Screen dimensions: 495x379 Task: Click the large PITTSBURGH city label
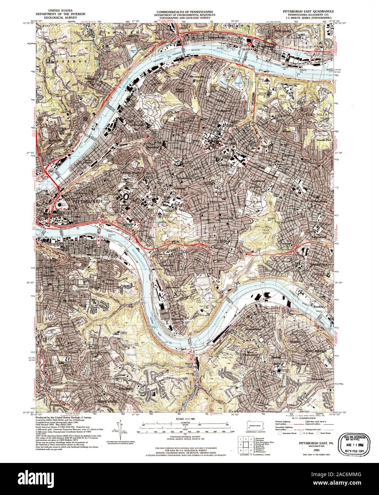tap(87, 202)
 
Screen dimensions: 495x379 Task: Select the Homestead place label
tap(253, 329)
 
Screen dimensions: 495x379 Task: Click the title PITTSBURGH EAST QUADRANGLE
tap(306, 12)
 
